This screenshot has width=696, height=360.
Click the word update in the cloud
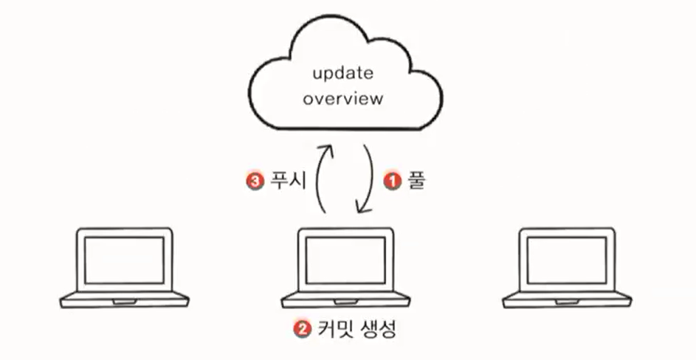click(343, 75)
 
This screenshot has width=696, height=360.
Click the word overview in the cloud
click(343, 99)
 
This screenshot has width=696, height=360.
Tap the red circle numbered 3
click(252, 180)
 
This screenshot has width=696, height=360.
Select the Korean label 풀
click(415, 180)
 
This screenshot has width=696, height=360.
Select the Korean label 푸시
click(285, 180)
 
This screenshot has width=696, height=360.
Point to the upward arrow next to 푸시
click(319, 180)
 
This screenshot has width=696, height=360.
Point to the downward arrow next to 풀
click(368, 180)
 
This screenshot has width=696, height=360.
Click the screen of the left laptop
click(124, 260)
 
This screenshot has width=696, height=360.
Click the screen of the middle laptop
click(345, 260)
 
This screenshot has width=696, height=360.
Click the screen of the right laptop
click(567, 260)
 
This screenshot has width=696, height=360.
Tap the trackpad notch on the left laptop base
click(124, 301)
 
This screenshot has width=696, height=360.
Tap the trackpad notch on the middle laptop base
click(345, 301)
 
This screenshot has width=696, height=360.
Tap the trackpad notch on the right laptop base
click(567, 301)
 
